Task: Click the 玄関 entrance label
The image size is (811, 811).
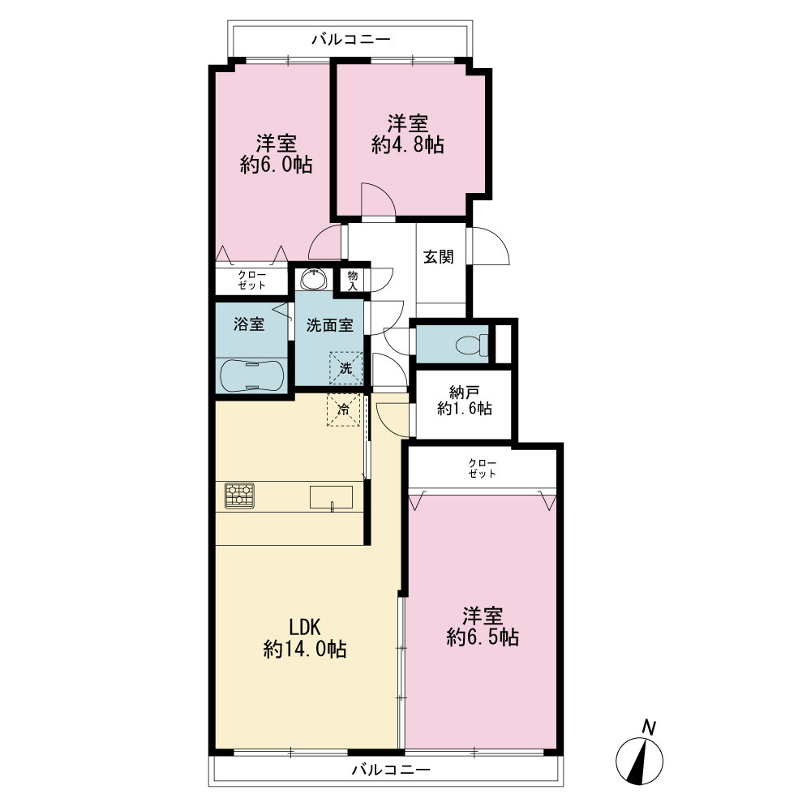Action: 439,256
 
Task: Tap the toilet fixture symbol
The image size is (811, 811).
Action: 471,343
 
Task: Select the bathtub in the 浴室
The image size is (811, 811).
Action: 252,375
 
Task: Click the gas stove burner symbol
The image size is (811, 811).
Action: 239,496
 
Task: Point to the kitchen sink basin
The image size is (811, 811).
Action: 331,497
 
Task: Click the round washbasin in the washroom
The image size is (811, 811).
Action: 313,280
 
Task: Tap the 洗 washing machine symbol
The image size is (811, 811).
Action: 345,368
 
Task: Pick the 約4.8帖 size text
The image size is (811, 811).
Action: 408,145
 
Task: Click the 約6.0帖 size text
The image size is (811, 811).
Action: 277,165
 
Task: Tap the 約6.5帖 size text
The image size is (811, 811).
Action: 483,637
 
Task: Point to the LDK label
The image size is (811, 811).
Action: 305,628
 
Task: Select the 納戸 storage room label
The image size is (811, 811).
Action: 464,393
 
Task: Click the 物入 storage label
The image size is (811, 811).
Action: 353,280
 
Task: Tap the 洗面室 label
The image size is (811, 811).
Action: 329,325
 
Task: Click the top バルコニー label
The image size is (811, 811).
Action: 351,39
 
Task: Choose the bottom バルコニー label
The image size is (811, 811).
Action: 391,770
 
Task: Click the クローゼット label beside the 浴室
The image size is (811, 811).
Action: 252,280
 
